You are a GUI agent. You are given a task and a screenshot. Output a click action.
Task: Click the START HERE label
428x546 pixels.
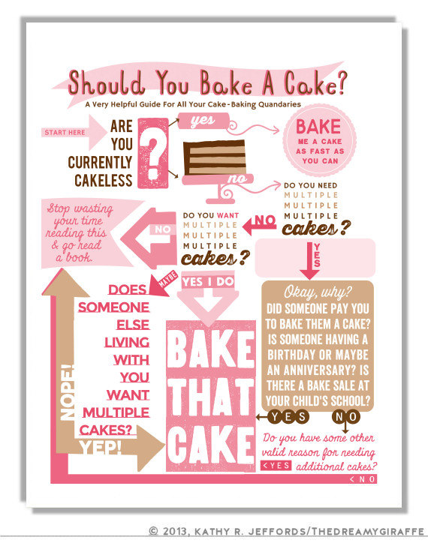pos(65,132)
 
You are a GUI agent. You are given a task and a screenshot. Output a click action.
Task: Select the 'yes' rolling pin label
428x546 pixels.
pos(203,121)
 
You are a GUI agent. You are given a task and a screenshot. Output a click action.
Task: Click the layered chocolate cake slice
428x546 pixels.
pos(215,157)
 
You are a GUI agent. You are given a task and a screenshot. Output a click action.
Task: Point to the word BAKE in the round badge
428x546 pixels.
pos(318,127)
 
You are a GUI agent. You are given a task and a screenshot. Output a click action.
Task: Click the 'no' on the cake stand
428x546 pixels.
pos(237,179)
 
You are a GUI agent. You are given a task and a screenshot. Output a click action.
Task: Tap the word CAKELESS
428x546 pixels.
pos(104,180)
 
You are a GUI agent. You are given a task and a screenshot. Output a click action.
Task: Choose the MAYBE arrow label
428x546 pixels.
pos(167,279)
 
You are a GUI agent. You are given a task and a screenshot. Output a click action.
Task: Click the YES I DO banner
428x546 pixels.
pos(208,281)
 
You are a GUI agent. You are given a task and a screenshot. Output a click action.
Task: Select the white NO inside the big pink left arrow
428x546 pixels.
pos(162,229)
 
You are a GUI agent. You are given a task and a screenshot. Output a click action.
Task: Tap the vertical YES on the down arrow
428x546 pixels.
pos(316,255)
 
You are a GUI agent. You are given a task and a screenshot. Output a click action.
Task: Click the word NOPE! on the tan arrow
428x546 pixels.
pos(67,392)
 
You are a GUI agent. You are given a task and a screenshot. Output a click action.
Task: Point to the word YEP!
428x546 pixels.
pos(100,448)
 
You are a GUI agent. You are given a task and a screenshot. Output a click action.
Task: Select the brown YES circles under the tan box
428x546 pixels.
pos(288,416)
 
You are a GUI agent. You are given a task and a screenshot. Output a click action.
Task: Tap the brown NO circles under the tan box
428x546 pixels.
pos(345,416)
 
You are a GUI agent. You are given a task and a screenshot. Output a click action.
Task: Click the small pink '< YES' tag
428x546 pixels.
pos(276,466)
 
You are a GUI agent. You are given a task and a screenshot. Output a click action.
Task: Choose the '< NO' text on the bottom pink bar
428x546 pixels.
pos(363,479)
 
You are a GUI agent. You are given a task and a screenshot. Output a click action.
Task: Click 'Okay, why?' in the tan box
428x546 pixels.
pos(318,292)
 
